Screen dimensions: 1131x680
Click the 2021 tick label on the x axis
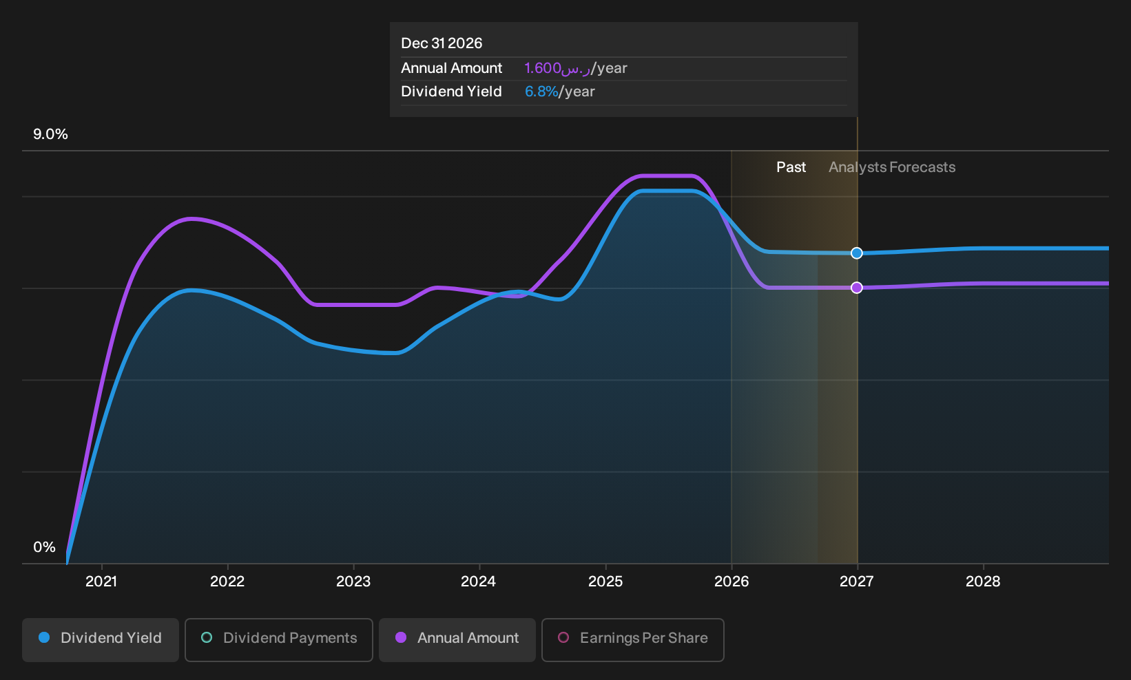[x=101, y=582]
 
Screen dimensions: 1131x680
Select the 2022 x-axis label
[x=227, y=582]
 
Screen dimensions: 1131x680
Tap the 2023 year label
[x=353, y=582]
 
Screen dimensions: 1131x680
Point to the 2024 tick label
[x=479, y=582]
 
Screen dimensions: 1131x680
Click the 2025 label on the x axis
[x=605, y=582]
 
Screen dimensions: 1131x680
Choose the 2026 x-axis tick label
[x=731, y=582]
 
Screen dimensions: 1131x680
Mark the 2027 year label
[x=857, y=582]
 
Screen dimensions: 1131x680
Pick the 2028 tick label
[x=983, y=582]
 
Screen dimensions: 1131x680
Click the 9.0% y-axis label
[x=50, y=134]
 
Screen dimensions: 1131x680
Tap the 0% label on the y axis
[x=45, y=547]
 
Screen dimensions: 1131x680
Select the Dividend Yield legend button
[x=101, y=639]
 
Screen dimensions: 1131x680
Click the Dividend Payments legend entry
[x=279, y=639]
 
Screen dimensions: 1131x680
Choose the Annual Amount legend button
[x=457, y=639]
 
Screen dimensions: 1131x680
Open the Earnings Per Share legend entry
[x=632, y=639]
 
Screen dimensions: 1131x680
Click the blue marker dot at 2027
[x=857, y=253]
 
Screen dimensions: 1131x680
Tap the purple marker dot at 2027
[x=857, y=288]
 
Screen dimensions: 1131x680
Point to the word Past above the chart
[x=791, y=167]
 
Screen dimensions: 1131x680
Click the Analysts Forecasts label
[x=892, y=167]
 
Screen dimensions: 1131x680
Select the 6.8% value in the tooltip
[x=541, y=92]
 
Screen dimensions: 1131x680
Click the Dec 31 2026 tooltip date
[x=442, y=43]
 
